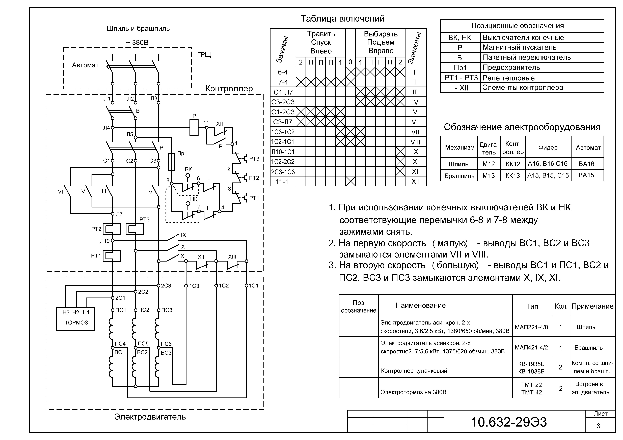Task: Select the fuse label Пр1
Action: (x=182, y=153)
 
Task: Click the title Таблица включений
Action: (x=342, y=19)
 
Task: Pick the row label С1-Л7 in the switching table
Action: (x=283, y=92)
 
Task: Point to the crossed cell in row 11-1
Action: (x=351, y=181)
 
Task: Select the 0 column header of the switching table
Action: (x=350, y=62)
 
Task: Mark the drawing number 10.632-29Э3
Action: (x=509, y=422)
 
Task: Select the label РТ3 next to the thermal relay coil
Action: (x=144, y=219)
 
